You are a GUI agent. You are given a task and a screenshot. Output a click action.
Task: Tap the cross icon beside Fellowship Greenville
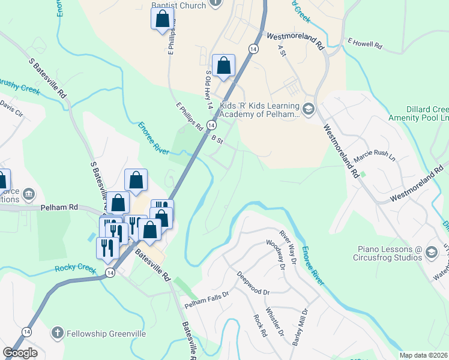tap(57, 332)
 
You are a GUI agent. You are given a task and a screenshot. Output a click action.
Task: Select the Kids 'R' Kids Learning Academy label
tap(259, 109)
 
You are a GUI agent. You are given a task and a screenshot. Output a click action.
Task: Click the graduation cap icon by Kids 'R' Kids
tap(309, 108)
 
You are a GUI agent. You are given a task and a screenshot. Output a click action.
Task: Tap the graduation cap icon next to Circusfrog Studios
tap(431, 253)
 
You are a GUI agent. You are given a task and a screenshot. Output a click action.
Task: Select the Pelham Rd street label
tap(60, 207)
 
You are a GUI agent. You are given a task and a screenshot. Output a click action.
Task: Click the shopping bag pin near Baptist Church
tap(162, 19)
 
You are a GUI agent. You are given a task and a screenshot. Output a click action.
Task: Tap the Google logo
tap(20, 353)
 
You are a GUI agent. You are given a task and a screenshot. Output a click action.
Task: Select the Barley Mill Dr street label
tap(300, 327)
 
